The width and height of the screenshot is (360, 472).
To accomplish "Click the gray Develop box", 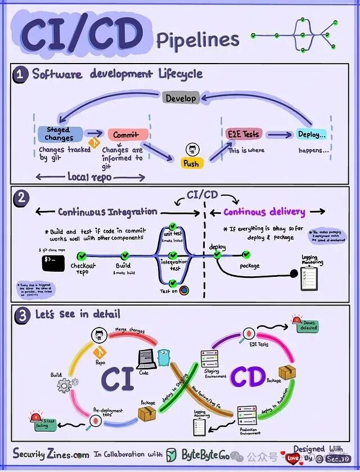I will click(x=181, y=98).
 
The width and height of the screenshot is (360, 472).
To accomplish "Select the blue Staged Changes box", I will click(x=59, y=134).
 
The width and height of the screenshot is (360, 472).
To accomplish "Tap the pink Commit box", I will click(x=128, y=135).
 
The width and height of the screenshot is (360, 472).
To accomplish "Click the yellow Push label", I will click(x=191, y=163).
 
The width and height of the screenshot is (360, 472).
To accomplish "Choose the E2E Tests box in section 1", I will click(x=244, y=134).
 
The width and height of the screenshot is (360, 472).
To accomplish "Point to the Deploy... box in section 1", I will click(x=312, y=134).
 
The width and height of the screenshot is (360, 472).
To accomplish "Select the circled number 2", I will click(x=21, y=198).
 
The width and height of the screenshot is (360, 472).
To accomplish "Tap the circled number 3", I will click(x=22, y=315).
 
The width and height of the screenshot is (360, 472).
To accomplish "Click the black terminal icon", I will click(x=53, y=262).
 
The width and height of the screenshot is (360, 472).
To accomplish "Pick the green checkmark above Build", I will click(x=123, y=255).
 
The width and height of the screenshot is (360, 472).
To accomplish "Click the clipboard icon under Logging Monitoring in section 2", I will click(x=309, y=276).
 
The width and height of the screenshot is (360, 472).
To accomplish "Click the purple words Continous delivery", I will click(x=264, y=212).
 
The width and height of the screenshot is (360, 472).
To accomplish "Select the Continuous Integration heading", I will click(x=107, y=212).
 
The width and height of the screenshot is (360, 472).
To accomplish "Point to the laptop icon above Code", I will click(x=146, y=358).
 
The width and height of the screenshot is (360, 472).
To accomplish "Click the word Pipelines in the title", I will click(x=197, y=40).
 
